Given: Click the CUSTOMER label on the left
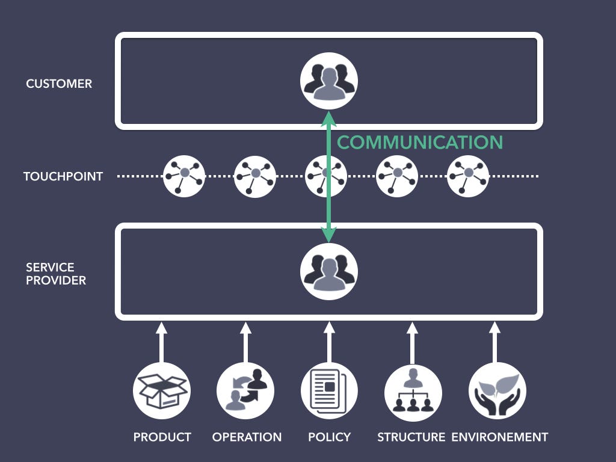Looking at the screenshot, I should [59, 84].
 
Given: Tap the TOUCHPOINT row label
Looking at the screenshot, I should [63, 176].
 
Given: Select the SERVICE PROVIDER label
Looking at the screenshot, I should [56, 274].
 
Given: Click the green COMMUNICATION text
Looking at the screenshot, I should [419, 143].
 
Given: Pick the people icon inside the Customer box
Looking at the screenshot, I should [329, 81].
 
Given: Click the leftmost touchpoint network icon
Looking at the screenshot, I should [184, 176].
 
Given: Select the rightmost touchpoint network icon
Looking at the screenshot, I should [467, 176].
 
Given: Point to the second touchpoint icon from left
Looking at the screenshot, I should [255, 176].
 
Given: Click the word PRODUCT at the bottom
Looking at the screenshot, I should [162, 437].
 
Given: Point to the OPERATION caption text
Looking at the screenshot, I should [247, 437].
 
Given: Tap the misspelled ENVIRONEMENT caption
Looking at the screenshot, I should [499, 437].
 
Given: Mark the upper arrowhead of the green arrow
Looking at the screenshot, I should [328, 118].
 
